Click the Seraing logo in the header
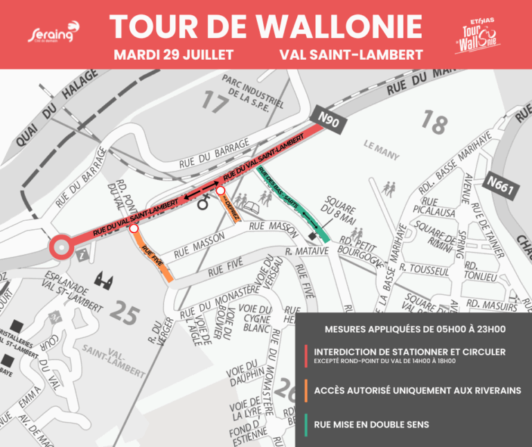pyautogui.click(x=53, y=34)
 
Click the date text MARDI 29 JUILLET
pyautogui.click(x=173, y=53)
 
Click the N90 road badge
pyautogui.click(x=329, y=121)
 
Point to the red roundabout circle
pyautogui.click(x=60, y=246)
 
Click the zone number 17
pyautogui.click(x=215, y=101)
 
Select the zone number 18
pyautogui.click(x=434, y=123)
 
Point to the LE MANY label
pyautogui.click(x=378, y=147)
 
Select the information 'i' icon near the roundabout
pyautogui.click(x=85, y=253)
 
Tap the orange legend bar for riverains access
pyautogui.click(x=306, y=389)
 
